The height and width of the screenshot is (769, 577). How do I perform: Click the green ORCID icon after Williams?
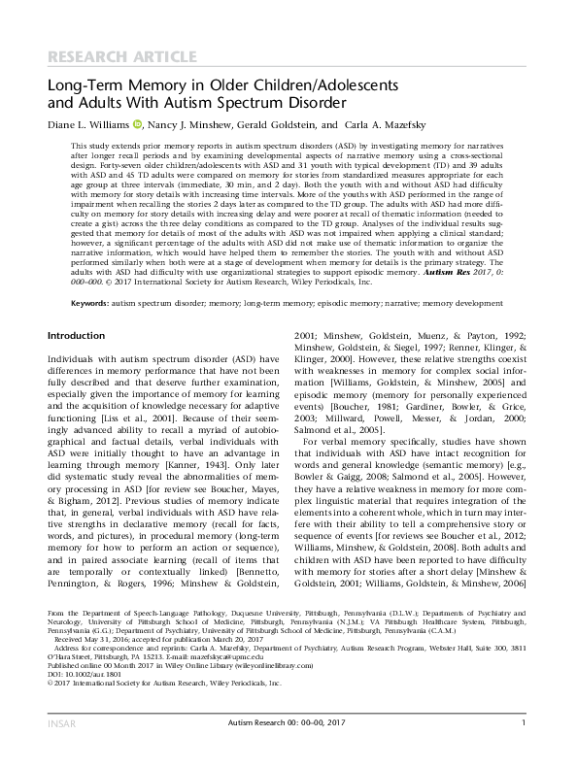(138, 124)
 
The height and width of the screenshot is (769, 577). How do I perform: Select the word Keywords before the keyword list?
(90, 303)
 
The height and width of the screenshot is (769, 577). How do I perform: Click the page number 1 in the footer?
(524, 748)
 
